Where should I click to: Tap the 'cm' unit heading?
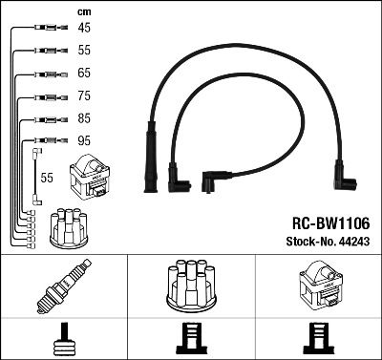point(83,11)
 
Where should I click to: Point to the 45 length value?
point(84,29)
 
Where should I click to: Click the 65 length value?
point(84,74)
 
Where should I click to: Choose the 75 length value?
point(84,96)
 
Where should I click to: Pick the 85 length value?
point(84,119)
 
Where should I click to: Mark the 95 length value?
point(84,141)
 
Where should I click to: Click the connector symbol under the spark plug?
point(64,338)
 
